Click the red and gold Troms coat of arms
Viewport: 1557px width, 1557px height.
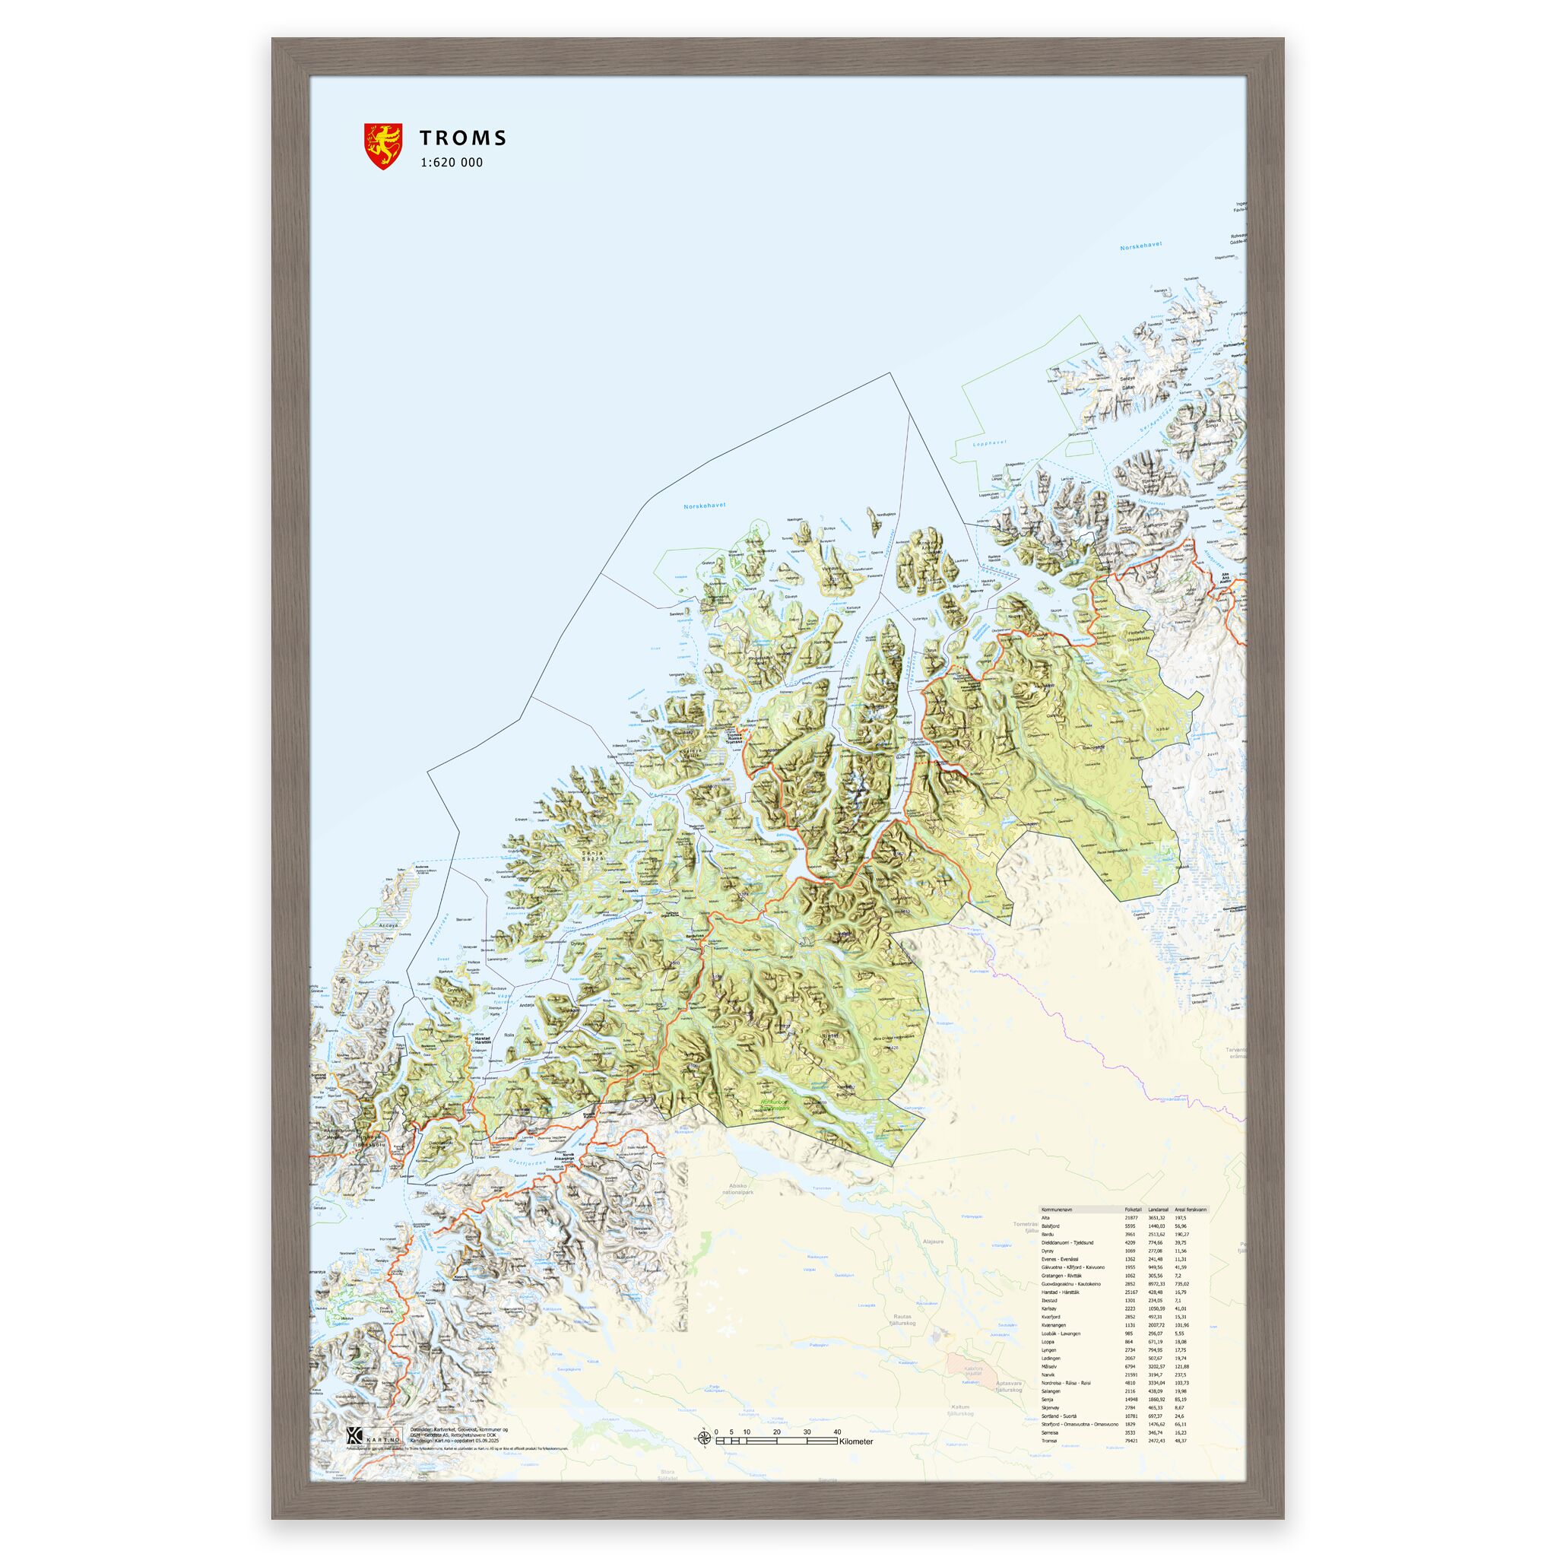pyautogui.click(x=383, y=146)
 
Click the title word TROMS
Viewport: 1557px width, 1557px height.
pyautogui.click(x=462, y=138)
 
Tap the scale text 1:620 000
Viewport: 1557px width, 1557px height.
pyautogui.click(x=451, y=162)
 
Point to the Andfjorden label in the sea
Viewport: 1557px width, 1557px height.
pyautogui.click(x=440, y=929)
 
